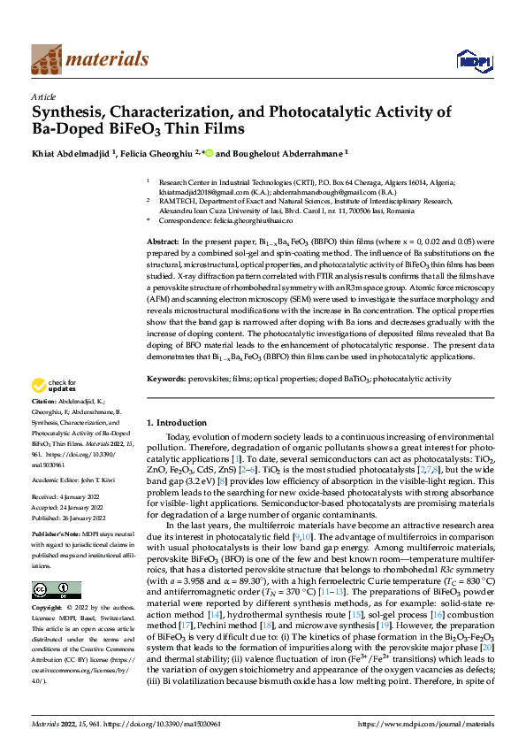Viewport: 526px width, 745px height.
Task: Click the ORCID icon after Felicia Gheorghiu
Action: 209,152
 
